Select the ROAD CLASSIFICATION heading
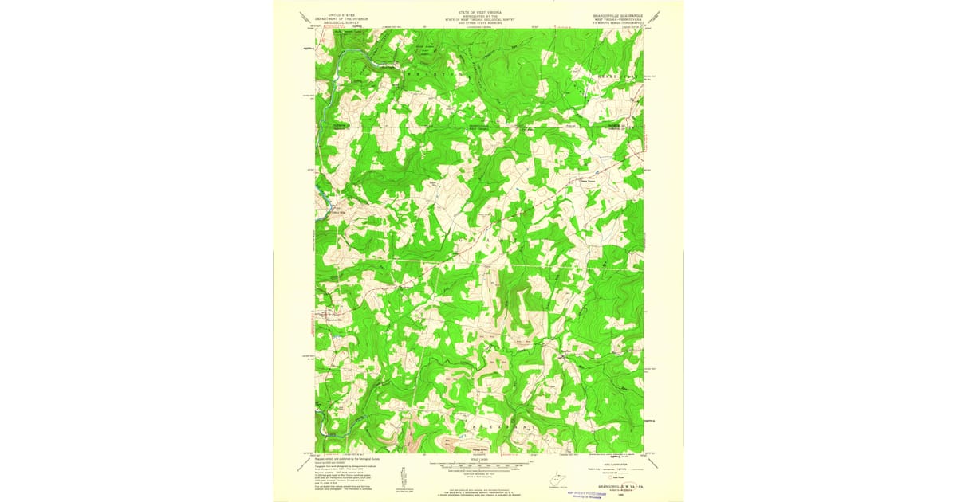click(x=614, y=463)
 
